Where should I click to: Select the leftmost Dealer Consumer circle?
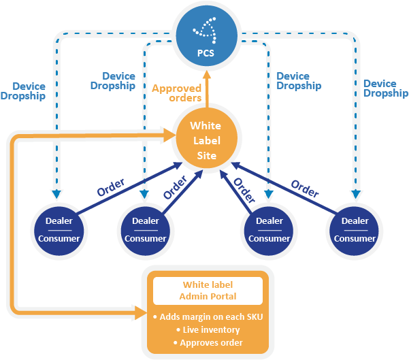point(59,229)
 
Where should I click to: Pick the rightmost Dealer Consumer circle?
point(355,229)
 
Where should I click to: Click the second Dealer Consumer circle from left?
point(145,229)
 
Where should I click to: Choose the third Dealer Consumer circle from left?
point(269,229)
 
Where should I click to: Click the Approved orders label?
point(176,93)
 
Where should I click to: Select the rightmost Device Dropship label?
point(385,88)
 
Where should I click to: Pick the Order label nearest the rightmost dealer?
point(304,188)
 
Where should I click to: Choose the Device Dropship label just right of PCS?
point(299,81)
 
